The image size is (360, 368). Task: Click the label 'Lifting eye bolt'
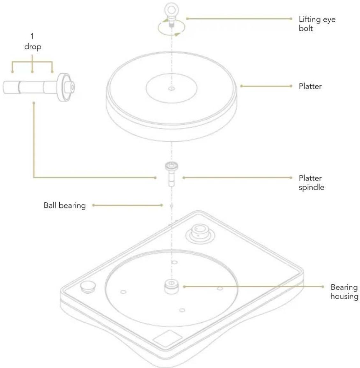pyautogui.click(x=317, y=24)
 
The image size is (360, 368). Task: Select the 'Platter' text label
pyautogui.click(x=310, y=86)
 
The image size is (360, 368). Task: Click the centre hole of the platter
pyautogui.click(x=172, y=88)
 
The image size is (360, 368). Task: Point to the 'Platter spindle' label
pyautogui.click(x=312, y=183)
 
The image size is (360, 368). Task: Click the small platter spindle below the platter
pyautogui.click(x=172, y=174)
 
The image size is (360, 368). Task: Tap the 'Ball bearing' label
pyautogui.click(x=64, y=205)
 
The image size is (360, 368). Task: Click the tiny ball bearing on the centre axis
pyautogui.click(x=172, y=206)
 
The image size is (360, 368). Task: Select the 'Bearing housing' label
pyautogui.click(x=344, y=292)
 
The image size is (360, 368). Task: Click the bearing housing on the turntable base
pyautogui.click(x=172, y=286)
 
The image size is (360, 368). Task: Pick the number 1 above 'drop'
pyautogui.click(x=32, y=36)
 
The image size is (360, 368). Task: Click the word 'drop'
pyautogui.click(x=33, y=47)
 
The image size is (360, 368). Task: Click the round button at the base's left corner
pyautogui.click(x=88, y=286)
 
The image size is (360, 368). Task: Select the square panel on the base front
pyautogui.click(x=167, y=339)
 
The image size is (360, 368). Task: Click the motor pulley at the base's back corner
pyautogui.click(x=200, y=233)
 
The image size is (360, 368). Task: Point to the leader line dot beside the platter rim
pyautogui.click(x=241, y=86)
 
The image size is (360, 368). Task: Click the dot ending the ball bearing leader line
pyautogui.click(x=161, y=205)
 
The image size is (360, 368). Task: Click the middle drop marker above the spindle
pyautogui.click(x=32, y=71)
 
